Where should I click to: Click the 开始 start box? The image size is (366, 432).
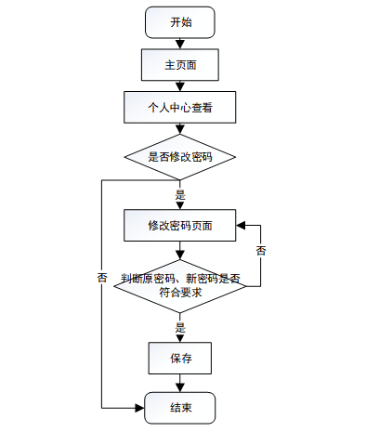click(180, 22)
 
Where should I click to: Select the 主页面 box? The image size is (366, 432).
click(180, 65)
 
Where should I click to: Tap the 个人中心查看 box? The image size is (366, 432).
click(180, 107)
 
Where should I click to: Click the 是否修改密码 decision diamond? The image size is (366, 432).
click(180, 157)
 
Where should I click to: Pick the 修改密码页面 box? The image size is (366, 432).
click(180, 225)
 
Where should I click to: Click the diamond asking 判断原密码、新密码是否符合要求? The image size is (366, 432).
click(180, 286)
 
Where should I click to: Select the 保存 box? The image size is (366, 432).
click(180, 358)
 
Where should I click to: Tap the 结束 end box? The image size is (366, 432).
click(180, 408)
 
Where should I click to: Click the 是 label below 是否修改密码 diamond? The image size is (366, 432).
click(180, 195)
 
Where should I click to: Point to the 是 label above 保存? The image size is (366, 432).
click(180, 328)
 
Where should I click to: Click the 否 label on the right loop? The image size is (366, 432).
click(261, 251)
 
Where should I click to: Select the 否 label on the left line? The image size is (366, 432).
click(102, 278)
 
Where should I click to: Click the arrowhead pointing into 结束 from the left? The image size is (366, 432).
click(140, 408)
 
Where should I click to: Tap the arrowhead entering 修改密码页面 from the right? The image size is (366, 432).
click(241, 225)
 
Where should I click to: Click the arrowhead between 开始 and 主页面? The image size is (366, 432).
click(180, 45)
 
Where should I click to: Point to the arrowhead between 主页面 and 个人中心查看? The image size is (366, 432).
click(180, 86)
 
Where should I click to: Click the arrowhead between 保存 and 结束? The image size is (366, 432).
click(180, 387)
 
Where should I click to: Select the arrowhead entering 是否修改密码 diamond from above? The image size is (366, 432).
click(180, 129)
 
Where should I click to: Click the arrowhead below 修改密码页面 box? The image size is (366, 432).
click(180, 255)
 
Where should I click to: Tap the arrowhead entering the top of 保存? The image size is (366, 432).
click(180, 338)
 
